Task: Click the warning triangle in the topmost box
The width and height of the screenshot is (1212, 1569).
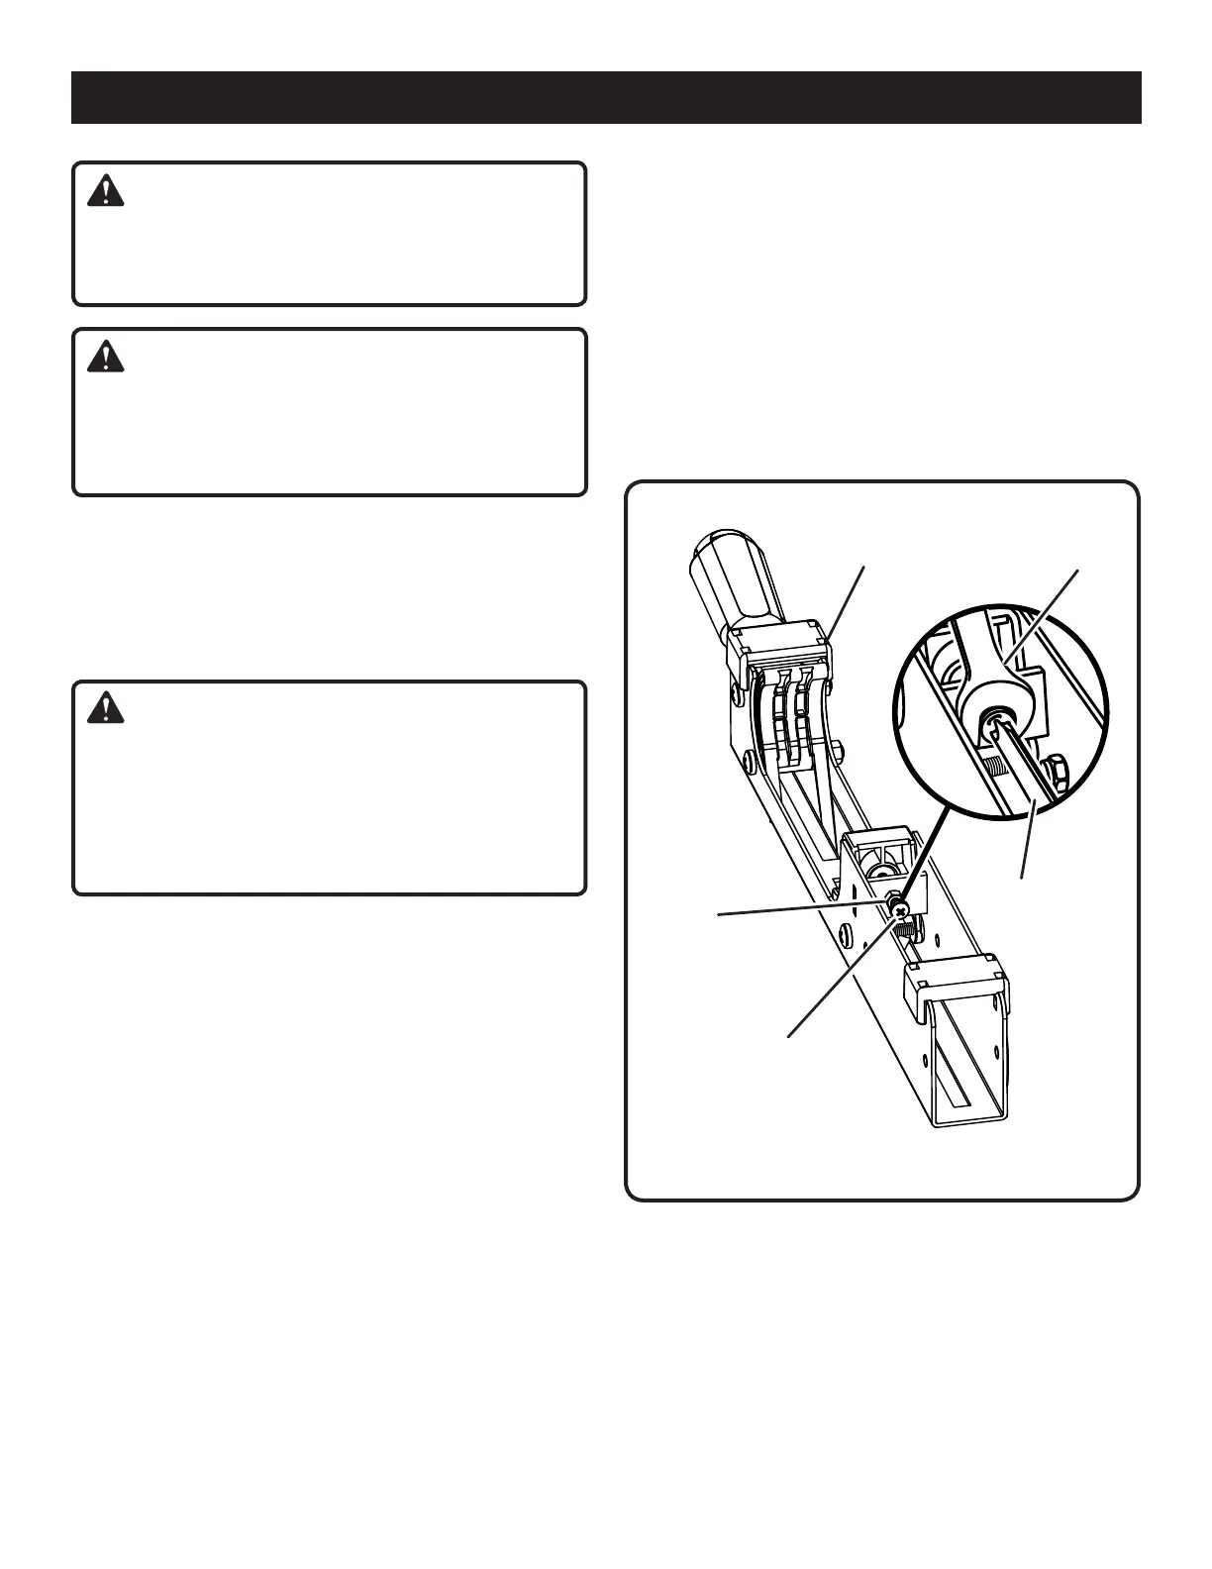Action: [x=106, y=190]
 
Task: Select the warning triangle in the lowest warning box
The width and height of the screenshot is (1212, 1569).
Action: [x=106, y=707]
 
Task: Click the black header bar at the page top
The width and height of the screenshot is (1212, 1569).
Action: [x=606, y=97]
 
